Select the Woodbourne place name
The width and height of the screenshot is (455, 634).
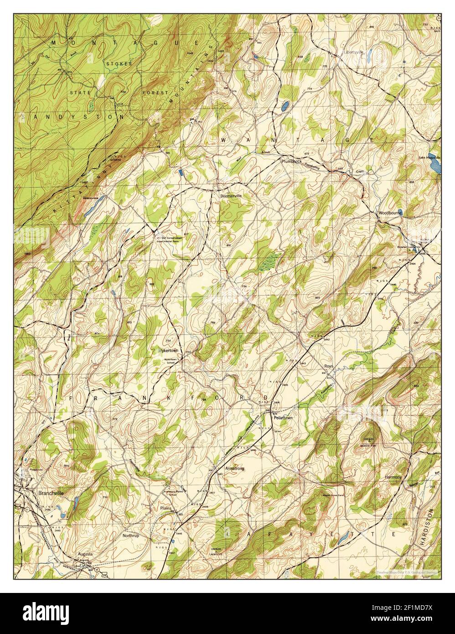389,213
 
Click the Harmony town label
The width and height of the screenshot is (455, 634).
393,477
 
